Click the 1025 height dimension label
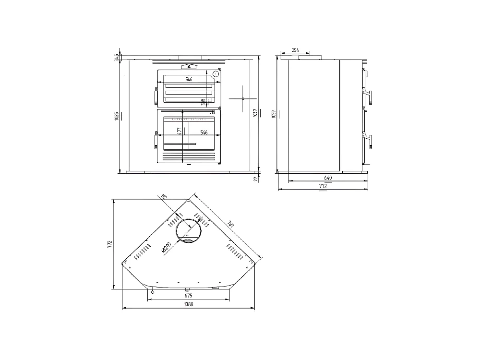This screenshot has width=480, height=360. pyautogui.click(x=117, y=116)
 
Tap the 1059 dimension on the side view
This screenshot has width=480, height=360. pyautogui.click(x=274, y=114)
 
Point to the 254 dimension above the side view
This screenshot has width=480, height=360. pyautogui.click(x=295, y=50)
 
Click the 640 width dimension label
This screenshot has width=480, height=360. pyautogui.click(x=328, y=178)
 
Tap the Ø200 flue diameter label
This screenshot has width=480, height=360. pyautogui.click(x=167, y=247)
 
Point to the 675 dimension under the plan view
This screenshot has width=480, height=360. pyautogui.click(x=189, y=296)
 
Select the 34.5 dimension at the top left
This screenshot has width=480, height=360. pyautogui.click(x=117, y=57)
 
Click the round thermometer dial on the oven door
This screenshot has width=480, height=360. pyautogui.click(x=216, y=74)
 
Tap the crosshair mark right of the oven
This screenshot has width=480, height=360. pyautogui.click(x=243, y=98)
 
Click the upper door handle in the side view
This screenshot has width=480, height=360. pyautogui.click(x=368, y=94)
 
